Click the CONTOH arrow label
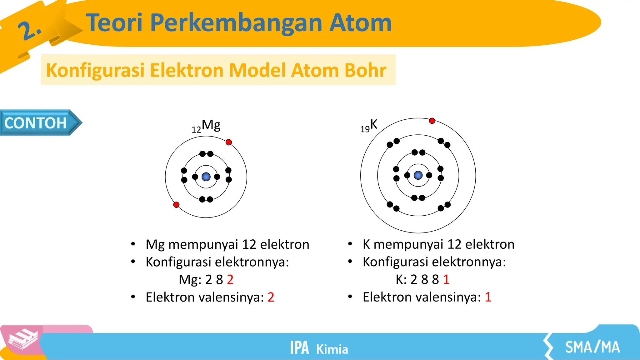tap(36, 123)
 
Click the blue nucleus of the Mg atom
tap(206, 177)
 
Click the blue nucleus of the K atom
tap(418, 175)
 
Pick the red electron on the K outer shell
tap(432, 121)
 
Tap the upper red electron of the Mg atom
tap(229, 142)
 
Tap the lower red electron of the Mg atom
tap(176, 205)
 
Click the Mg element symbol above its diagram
tap(211, 125)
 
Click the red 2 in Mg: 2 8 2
tap(230, 279)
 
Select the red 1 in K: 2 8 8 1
tap(446, 279)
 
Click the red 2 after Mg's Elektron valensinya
tap(271, 297)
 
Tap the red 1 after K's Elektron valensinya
tap(488, 297)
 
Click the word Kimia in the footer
tap(332, 349)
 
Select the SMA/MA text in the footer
tap(592, 347)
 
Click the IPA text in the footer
tap(299, 347)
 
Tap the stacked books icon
tap(22, 339)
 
